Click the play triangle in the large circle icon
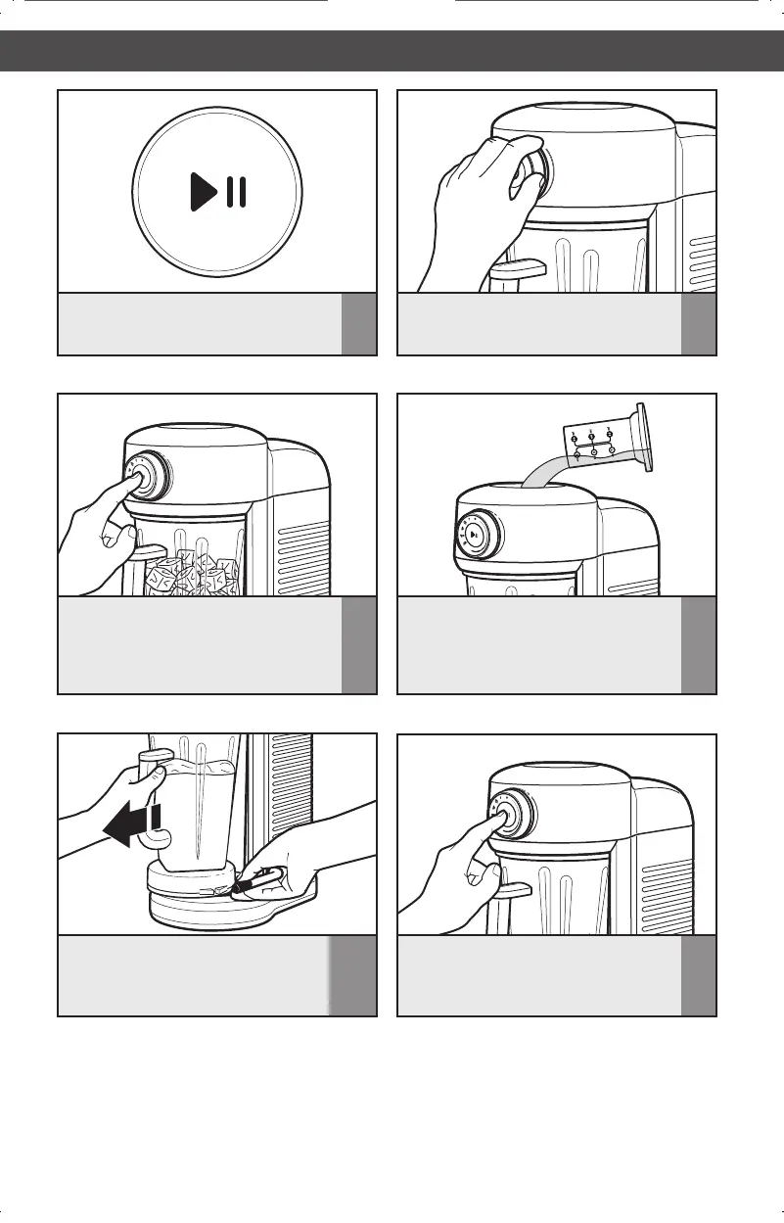203,191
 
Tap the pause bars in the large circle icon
236,191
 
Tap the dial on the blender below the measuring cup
476,535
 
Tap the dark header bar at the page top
392,50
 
